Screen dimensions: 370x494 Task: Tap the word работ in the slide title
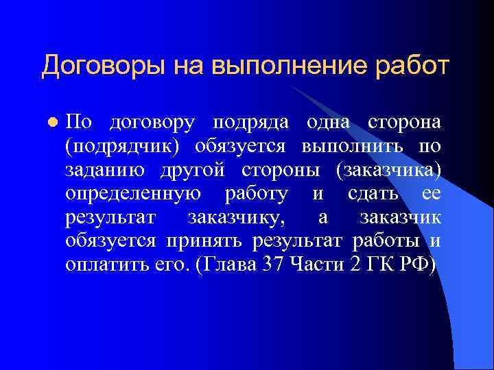pyautogui.click(x=409, y=66)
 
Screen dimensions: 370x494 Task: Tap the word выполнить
pyautogui.click(x=354, y=147)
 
